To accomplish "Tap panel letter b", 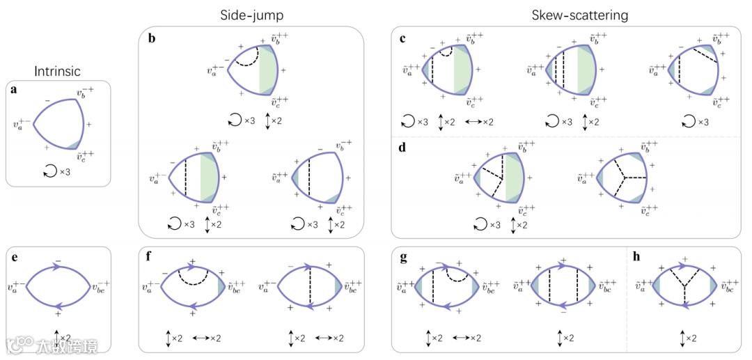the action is pyautogui.click(x=151, y=38).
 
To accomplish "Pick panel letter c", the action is pyautogui.click(x=403, y=38).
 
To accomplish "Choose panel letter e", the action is pyautogui.click(x=15, y=258).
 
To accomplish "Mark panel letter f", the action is pyautogui.click(x=151, y=258).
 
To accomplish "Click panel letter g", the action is pyautogui.click(x=403, y=258).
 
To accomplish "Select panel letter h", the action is pyautogui.click(x=636, y=258).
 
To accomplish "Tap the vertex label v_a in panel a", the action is pyautogui.click(x=21, y=126).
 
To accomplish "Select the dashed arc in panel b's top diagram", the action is pyautogui.click(x=246, y=57).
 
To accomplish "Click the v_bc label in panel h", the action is pyautogui.click(x=731, y=286).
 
